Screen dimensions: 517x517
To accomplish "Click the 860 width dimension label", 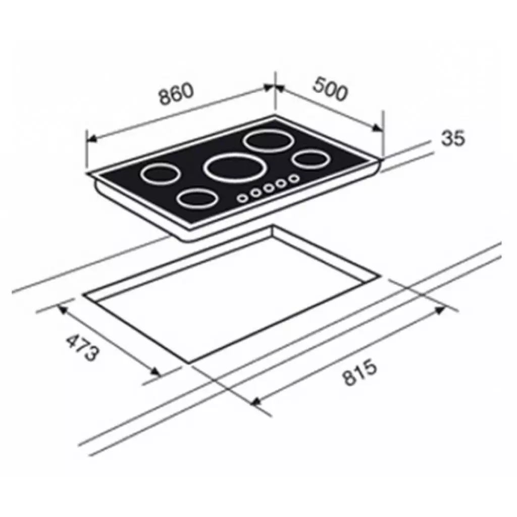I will click(177, 94).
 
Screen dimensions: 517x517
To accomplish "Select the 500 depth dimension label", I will click(330, 89).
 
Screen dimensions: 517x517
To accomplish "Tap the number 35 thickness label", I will click(452, 138).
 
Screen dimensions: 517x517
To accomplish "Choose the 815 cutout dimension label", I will click(360, 373).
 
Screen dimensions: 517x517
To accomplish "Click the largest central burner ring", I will click(229, 167).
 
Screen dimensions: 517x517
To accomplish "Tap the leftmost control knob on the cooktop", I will click(243, 197).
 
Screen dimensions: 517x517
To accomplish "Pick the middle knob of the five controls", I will click(268, 188).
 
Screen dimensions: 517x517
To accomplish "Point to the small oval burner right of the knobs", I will click(309, 160).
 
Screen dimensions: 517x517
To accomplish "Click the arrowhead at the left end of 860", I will click(91, 137).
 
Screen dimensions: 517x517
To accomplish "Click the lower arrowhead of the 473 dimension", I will click(156, 373).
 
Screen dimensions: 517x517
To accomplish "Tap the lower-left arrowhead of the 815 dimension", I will click(255, 401).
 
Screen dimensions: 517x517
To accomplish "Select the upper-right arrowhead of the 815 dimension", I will click(440, 309).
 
